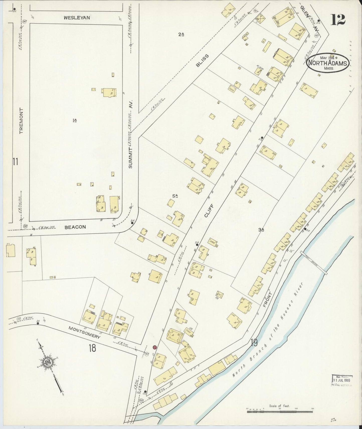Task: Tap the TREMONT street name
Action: [21, 121]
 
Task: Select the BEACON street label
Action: [75, 227]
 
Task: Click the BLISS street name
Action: [202, 61]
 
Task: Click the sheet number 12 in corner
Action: [338, 20]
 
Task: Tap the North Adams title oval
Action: [327, 63]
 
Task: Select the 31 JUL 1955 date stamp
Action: [342, 379]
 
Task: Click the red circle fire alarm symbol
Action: [155, 347]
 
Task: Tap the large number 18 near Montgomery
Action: [92, 348]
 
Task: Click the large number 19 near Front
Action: [254, 342]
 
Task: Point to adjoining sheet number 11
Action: [15, 162]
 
